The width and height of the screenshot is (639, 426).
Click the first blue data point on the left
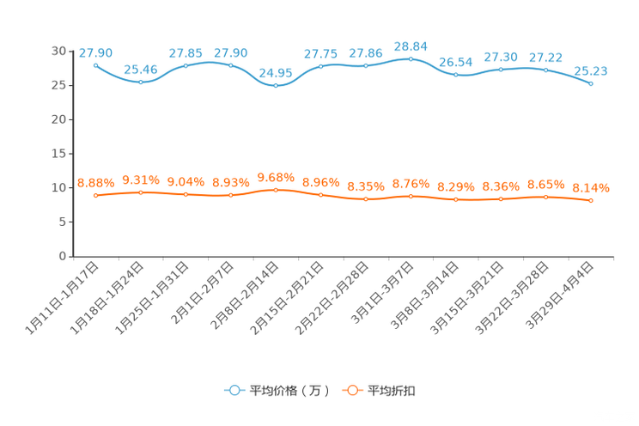pos(95,64)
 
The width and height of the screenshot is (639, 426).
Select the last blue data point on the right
pos(591,83)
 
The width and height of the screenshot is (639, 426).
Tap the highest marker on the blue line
pos(411,58)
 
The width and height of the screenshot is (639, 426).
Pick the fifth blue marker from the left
pos(275,85)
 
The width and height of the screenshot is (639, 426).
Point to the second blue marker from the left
pos(141,82)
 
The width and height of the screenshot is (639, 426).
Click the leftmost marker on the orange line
pos(95,195)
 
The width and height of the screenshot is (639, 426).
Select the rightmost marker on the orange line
pos(591,200)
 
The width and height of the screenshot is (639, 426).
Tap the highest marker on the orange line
pos(275,189)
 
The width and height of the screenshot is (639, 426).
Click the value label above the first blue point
pos(95,53)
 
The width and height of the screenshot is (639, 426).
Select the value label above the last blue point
pos(591,70)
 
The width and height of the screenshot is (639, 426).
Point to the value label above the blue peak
pos(411,46)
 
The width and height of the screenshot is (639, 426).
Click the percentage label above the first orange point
pos(95,183)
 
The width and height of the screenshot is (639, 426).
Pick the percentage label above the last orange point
pos(591,187)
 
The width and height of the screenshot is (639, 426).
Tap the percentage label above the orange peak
pos(275,177)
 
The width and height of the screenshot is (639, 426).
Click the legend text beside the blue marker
pos(288,391)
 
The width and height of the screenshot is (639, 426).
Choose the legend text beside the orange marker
pos(393,391)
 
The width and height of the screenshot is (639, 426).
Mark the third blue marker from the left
pos(186,65)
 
